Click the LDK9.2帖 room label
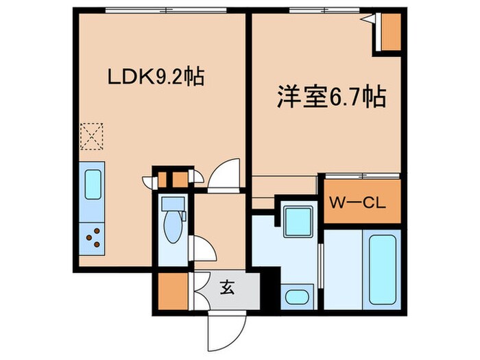(x=155, y=77)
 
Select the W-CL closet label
(x=355, y=203)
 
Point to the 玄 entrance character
(x=227, y=288)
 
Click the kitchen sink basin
(x=93, y=184)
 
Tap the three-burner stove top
(x=93, y=237)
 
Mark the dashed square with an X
(x=91, y=136)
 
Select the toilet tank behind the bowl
(x=171, y=204)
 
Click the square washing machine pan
(x=298, y=220)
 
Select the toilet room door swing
(x=204, y=249)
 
